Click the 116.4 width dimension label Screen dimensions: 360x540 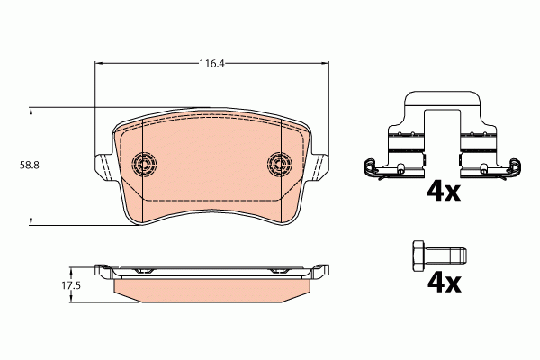tap(211, 64)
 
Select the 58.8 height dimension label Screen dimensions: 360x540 tap(16, 166)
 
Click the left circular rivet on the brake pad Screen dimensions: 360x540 tap(143, 164)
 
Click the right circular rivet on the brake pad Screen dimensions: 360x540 tap(281, 164)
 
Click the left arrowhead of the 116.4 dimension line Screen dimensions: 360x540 tap(99, 64)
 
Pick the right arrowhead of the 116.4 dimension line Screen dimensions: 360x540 tap(323, 64)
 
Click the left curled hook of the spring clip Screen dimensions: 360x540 tap(367, 166)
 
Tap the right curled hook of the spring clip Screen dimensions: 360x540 tap(514, 166)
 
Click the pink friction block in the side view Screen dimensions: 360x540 tap(211, 288)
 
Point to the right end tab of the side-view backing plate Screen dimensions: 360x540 tap(319, 269)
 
